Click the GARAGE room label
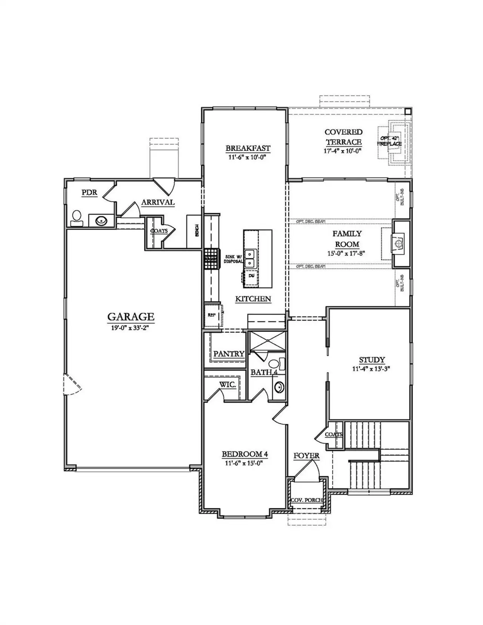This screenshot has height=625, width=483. (131, 316)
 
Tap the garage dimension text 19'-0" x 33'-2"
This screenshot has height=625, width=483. (131, 328)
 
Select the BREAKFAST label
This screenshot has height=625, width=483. (248, 148)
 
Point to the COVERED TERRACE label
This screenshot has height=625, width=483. (343, 137)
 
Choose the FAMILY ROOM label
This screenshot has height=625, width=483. (347, 239)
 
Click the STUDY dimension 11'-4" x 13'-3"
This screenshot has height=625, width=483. (371, 369)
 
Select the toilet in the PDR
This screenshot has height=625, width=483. (77, 217)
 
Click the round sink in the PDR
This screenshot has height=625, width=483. (101, 221)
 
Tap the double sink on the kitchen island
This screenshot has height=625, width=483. (250, 258)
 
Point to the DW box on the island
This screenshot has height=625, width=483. (251, 276)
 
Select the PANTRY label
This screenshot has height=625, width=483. (229, 354)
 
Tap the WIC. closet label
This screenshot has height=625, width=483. (228, 385)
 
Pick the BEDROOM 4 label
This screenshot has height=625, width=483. (245, 454)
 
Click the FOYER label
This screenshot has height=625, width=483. (306, 456)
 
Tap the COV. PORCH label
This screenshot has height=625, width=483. (307, 500)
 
